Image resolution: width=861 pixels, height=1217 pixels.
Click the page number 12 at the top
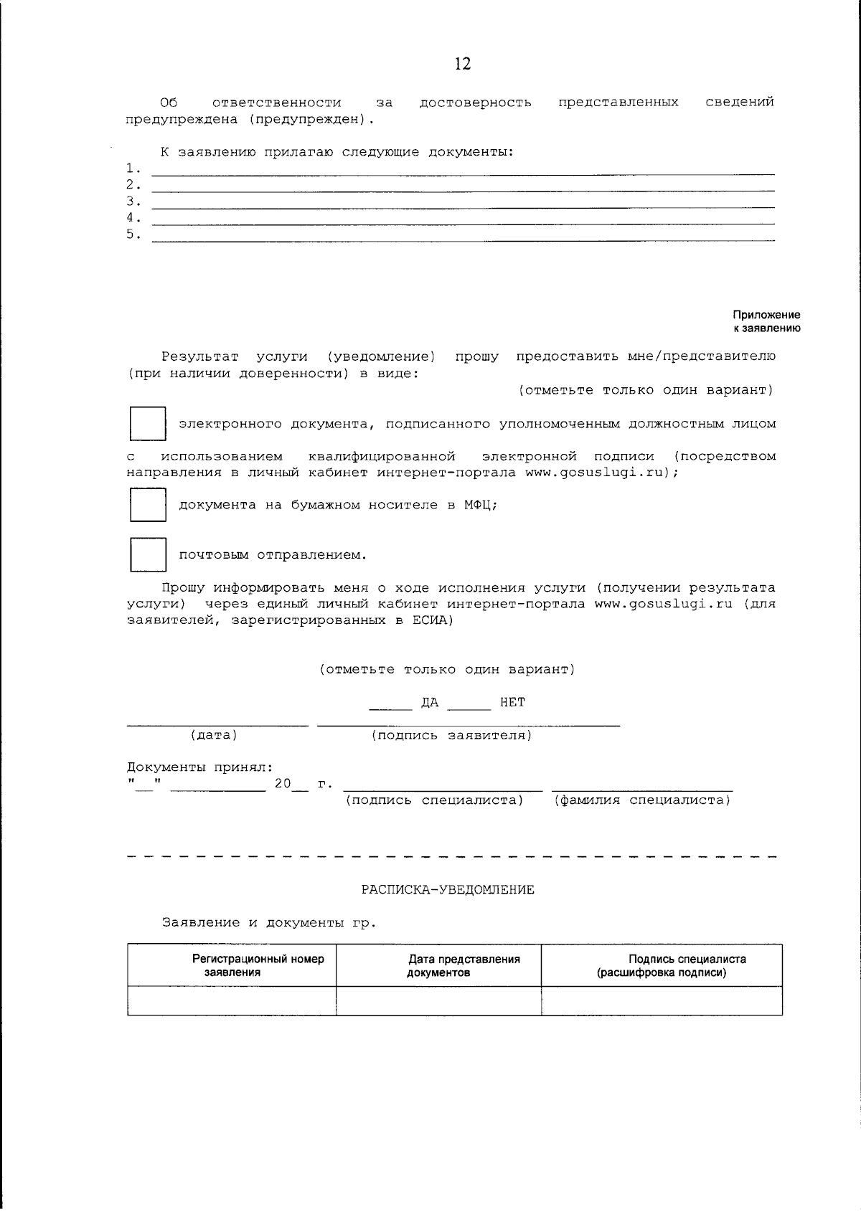463,65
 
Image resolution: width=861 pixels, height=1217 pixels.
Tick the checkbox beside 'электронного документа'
148,424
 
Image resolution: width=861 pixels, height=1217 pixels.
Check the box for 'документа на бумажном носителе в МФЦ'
148,505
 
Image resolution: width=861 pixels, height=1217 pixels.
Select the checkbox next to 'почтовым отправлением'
148,554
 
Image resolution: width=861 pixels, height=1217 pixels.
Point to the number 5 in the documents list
131,234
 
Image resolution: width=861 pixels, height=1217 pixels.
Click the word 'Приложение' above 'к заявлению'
766,315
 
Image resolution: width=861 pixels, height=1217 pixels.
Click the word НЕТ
512,702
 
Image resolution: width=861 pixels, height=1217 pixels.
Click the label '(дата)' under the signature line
214,735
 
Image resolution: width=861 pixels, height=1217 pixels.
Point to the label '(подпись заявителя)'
452,735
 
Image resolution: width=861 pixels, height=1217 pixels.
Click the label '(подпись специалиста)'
434,800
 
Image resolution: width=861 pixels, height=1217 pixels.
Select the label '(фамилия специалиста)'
642,800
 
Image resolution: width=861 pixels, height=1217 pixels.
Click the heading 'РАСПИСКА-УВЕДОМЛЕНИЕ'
448,890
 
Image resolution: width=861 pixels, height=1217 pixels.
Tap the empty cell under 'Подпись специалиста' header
662,1000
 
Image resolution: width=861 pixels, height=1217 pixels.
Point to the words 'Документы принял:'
199,767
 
